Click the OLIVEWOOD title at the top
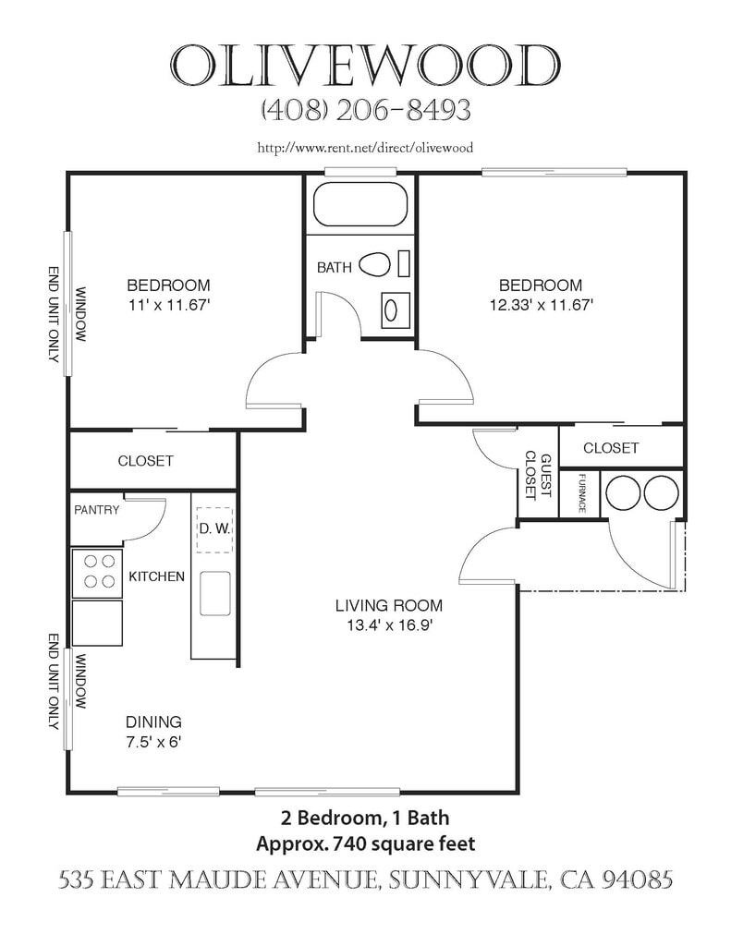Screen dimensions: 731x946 366,65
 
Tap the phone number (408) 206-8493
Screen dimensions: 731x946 366,111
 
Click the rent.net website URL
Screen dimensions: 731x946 365,148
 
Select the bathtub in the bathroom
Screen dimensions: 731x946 360,204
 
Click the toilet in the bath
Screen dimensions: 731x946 375,264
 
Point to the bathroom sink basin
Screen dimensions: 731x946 391,310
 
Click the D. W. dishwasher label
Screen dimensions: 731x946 214,529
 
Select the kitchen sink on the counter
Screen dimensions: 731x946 215,593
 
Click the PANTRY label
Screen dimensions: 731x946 97,510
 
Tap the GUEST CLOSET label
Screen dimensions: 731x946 539,476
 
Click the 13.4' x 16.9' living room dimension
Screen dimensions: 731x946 389,625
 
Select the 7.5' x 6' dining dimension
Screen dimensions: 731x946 153,742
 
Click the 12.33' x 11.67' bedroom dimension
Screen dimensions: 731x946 541,305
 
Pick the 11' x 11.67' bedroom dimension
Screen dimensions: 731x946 168,305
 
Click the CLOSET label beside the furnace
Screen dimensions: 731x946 610,448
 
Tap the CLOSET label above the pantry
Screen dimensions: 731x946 145,461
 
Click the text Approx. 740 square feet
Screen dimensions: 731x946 365,843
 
